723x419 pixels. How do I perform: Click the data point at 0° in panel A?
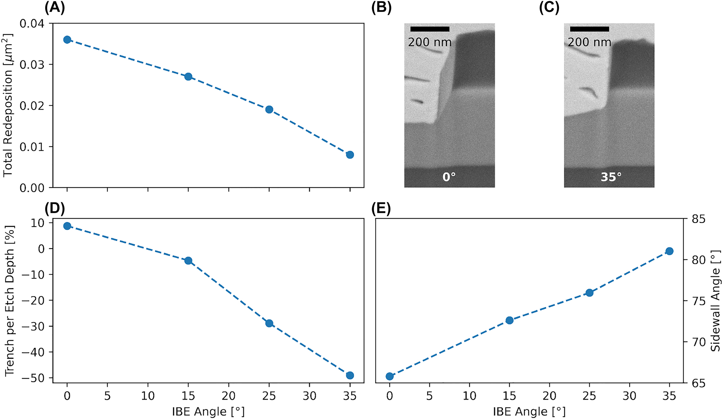tap(67, 39)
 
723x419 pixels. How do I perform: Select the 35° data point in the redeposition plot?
tap(350, 155)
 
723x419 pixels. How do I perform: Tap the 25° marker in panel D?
tap(269, 323)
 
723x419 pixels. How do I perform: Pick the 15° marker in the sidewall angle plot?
tap(509, 320)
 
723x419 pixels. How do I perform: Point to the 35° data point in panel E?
tap(669, 251)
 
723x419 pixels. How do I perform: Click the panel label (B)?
tap(382, 8)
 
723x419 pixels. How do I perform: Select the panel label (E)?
tap(381, 209)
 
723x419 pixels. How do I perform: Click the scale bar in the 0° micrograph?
tap(430, 29)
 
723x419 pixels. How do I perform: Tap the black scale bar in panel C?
tap(589, 29)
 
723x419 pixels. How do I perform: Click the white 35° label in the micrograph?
tap(611, 177)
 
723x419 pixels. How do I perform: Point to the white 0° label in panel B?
tap(449, 177)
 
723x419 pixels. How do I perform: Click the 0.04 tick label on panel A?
tap(32, 24)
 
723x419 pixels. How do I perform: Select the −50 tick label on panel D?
tap(33, 378)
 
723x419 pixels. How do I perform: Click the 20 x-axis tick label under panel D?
tap(228, 396)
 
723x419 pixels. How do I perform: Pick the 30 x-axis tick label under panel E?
tap(629, 396)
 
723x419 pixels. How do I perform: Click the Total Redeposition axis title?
tap(8, 105)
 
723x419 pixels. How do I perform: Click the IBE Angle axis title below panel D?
tap(208, 412)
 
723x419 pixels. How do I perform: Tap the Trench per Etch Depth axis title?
tap(10, 301)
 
